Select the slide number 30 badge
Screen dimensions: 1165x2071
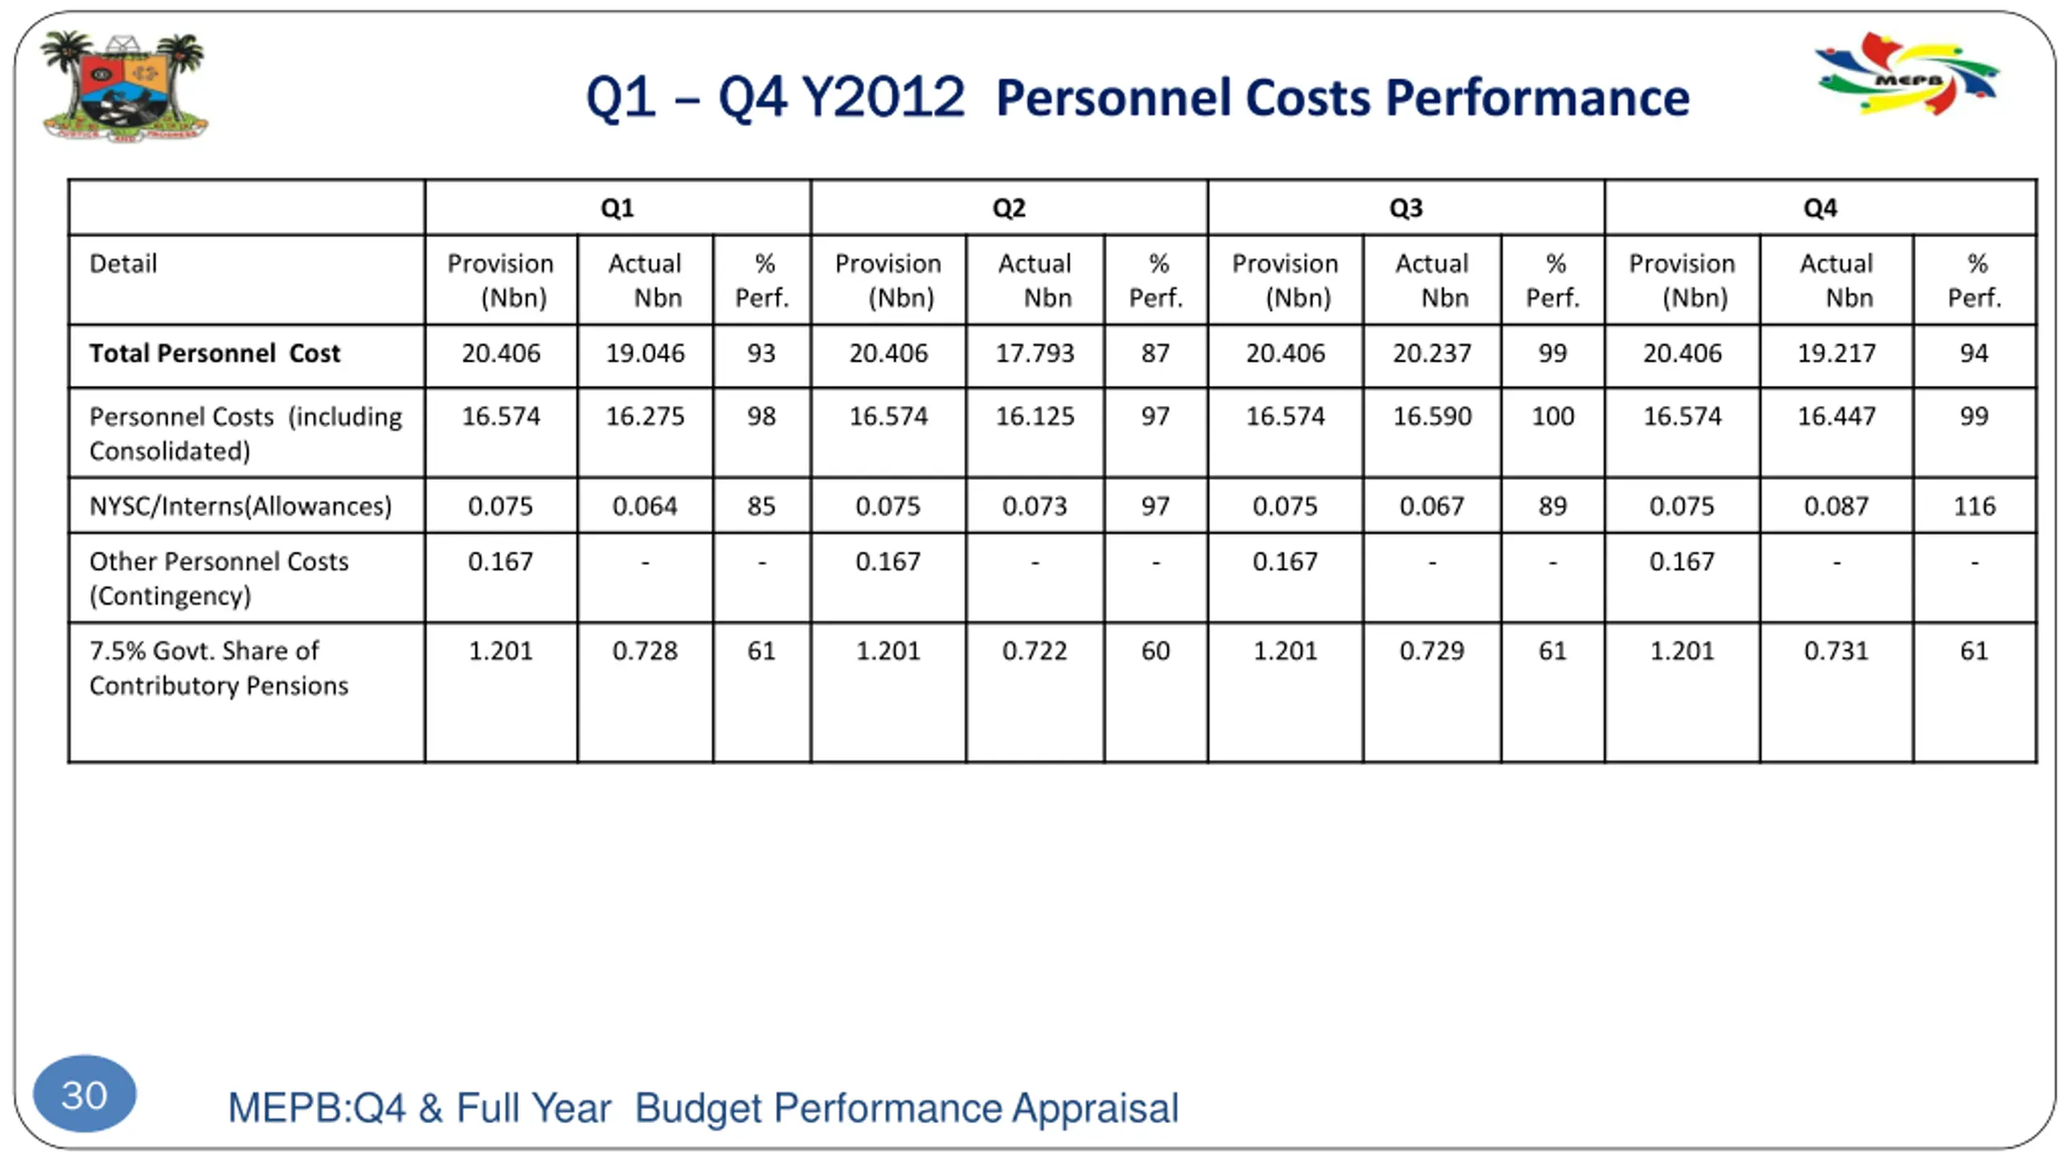(x=85, y=1095)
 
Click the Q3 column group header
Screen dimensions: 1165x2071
(x=1405, y=208)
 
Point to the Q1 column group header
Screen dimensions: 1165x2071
(x=617, y=208)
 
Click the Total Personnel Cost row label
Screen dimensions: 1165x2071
(x=214, y=354)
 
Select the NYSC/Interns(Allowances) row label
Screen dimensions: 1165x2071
(x=240, y=506)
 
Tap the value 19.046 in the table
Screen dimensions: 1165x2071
(x=645, y=354)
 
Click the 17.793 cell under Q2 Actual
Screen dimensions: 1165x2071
(x=1035, y=354)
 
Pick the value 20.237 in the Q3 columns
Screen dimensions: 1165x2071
(x=1431, y=354)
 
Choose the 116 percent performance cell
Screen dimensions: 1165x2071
(x=1974, y=506)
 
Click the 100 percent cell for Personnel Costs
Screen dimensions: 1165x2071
(x=1552, y=417)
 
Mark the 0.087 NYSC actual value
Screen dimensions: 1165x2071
(x=1836, y=506)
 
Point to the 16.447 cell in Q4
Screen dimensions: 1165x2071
(x=1836, y=417)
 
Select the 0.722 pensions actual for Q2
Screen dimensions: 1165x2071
(x=1035, y=651)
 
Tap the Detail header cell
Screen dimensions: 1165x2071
(x=123, y=264)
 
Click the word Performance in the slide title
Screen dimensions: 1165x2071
(x=1537, y=99)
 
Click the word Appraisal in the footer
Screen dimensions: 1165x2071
(x=1095, y=1108)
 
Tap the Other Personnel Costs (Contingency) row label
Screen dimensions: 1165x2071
(x=218, y=578)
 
